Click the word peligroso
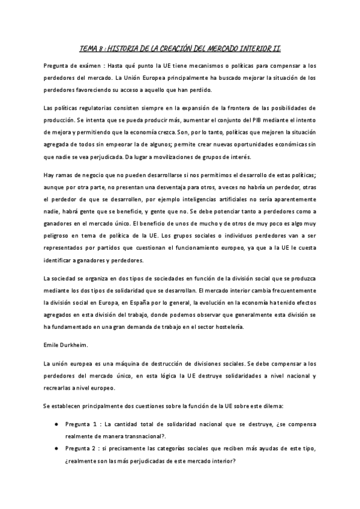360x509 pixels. click(59, 233)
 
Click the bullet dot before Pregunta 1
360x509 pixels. click(56, 426)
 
